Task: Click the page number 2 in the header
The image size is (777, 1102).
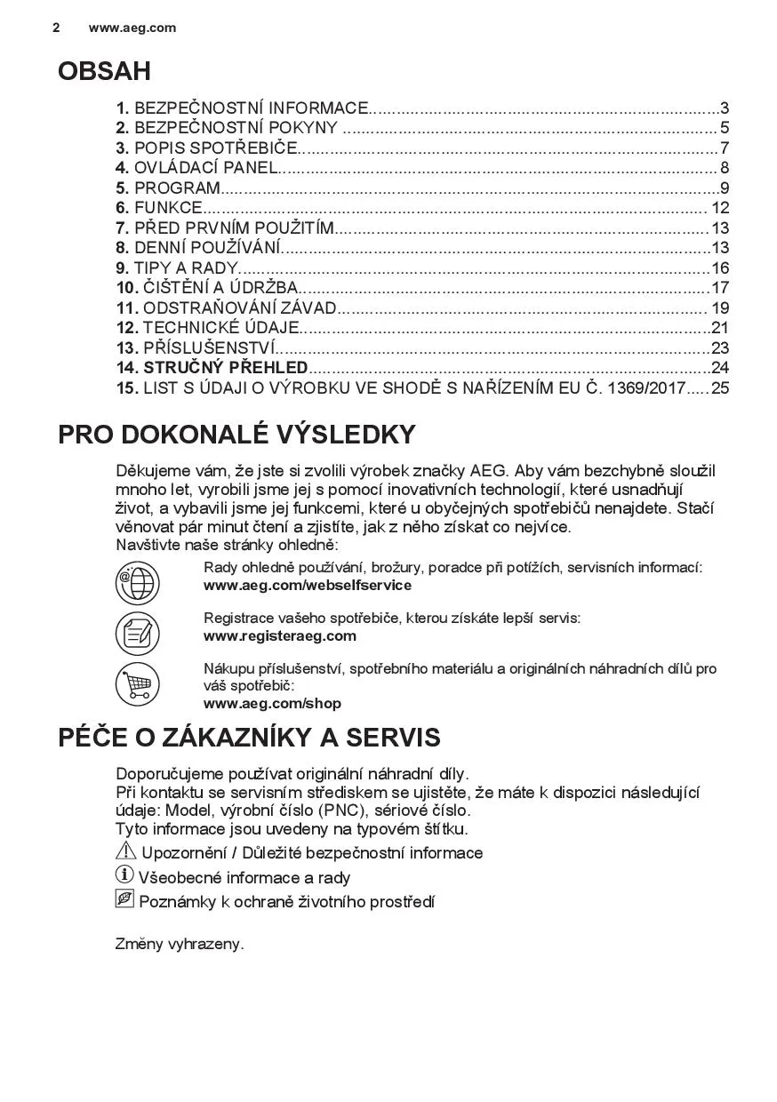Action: (x=56, y=28)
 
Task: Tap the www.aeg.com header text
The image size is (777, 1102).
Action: (x=132, y=28)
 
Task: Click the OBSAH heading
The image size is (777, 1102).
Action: (x=104, y=71)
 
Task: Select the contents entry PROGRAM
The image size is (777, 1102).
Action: (x=177, y=188)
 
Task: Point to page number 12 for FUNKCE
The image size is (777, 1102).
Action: (x=720, y=208)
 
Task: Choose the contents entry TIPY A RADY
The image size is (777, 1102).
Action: (x=186, y=268)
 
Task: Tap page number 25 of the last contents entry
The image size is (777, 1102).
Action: (x=720, y=387)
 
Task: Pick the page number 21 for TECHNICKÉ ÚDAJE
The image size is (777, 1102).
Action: (x=720, y=328)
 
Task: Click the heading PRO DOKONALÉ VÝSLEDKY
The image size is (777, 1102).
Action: (x=236, y=435)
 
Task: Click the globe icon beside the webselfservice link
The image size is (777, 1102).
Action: (x=138, y=584)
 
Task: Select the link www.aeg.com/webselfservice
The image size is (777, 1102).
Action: (x=307, y=586)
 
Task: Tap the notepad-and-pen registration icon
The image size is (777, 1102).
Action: (x=138, y=635)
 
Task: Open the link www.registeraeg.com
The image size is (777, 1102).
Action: (x=279, y=635)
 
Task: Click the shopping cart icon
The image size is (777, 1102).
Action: (x=138, y=685)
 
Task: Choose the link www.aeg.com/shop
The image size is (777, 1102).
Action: (x=272, y=703)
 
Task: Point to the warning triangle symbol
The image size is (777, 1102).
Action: (x=124, y=851)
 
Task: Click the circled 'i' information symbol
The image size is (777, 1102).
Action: (x=124, y=876)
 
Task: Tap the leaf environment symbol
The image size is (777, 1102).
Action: (x=124, y=900)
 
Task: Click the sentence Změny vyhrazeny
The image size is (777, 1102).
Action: (x=180, y=944)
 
